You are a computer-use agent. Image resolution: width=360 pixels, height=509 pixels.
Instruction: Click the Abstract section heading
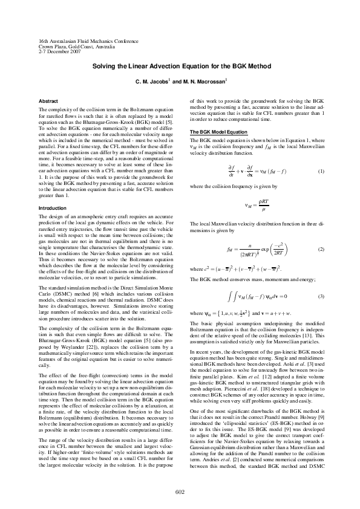click(49, 100)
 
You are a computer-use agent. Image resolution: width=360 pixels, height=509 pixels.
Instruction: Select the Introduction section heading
click(53, 208)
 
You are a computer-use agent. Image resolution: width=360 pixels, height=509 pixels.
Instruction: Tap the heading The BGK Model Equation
click(218, 132)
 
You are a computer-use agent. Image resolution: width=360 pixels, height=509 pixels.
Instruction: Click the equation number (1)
click(321, 172)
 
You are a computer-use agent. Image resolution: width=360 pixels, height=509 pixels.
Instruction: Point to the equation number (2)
click(321, 249)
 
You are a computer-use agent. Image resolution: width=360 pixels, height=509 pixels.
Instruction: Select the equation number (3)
click(321, 296)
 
